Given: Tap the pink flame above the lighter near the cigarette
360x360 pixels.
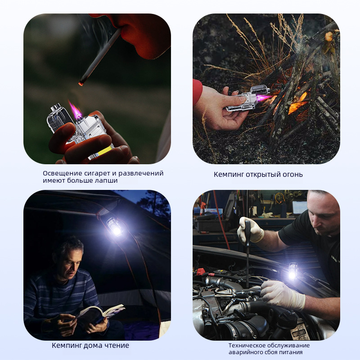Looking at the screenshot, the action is tap(75, 109).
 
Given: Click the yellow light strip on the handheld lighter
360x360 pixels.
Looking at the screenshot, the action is tap(103, 152).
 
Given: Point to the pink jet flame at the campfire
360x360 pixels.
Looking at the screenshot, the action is tap(264, 98).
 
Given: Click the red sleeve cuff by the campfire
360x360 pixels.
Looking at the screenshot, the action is tap(197, 91).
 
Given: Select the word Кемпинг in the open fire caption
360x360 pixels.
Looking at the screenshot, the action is tap(229, 175).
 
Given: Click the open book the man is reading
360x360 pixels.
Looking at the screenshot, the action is tap(99, 312).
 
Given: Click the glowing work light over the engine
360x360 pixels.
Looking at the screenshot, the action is tap(293, 272).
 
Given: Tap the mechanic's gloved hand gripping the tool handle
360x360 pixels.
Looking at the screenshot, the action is tap(250, 230).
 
